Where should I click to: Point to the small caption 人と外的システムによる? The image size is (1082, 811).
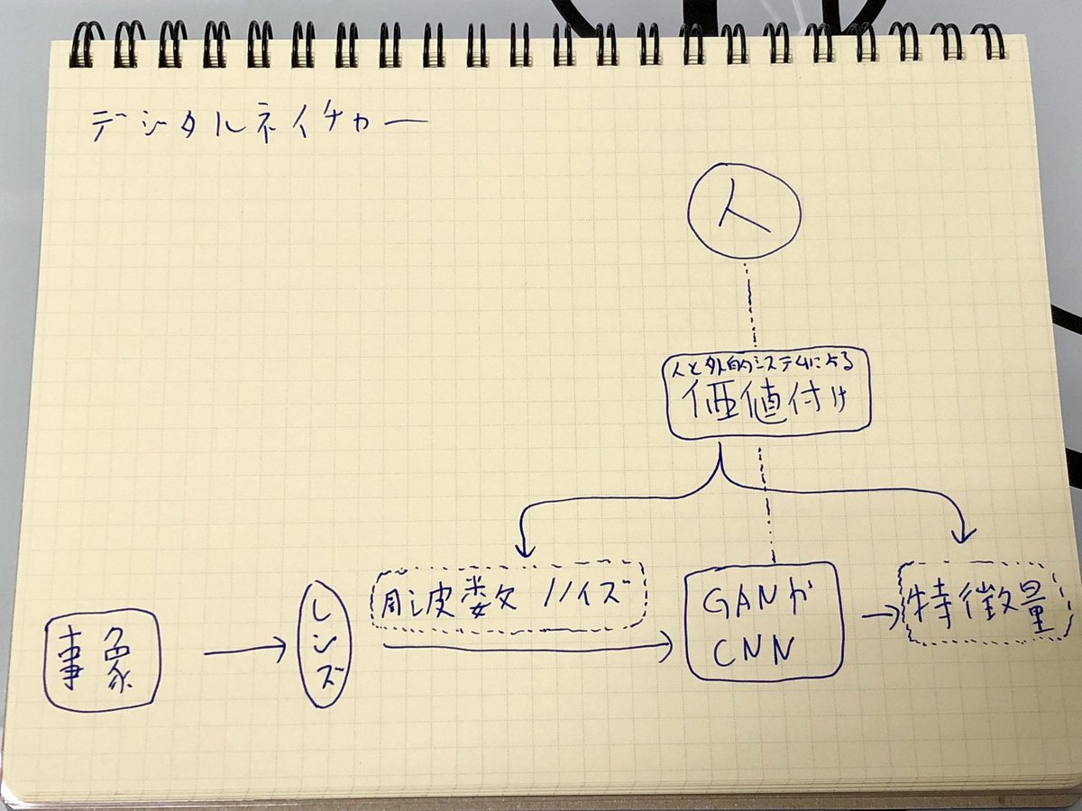766,368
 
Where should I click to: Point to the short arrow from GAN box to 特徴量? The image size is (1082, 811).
880,615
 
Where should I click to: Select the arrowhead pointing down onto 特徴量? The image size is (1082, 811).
964,535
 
